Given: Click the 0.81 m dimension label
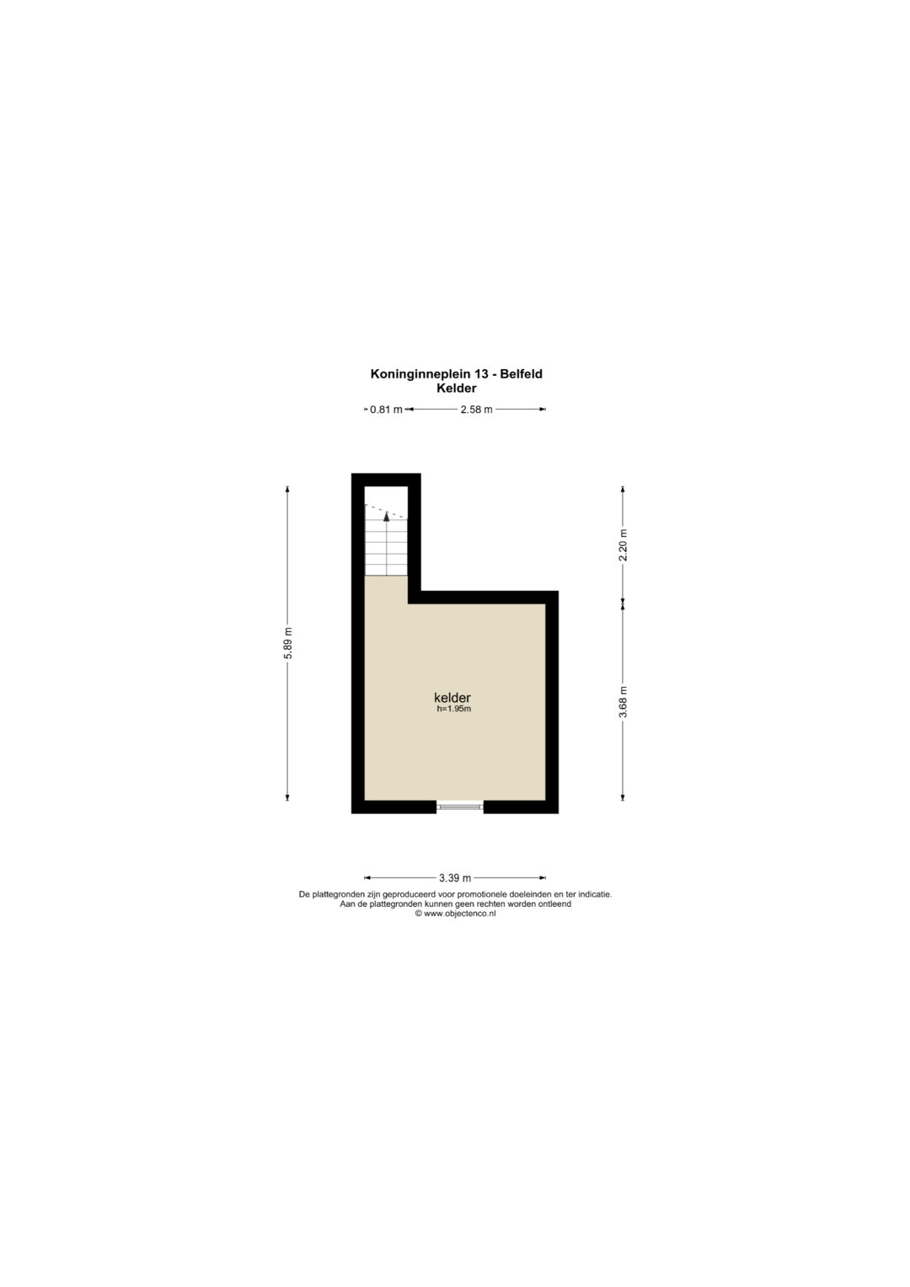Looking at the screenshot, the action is click(386, 410).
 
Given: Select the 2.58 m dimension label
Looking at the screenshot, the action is click(476, 410).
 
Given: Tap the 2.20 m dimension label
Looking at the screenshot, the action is click(624, 544).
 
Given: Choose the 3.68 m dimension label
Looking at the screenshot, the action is click(624, 701).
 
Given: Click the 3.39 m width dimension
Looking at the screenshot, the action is click(455, 878).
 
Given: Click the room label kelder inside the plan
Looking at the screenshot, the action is click(452, 698).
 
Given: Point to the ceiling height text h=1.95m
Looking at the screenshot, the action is click(454, 709).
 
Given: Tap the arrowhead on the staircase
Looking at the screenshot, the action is click(387, 516).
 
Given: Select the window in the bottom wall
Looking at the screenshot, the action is click(459, 807).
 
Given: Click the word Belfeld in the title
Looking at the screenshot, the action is click(521, 374).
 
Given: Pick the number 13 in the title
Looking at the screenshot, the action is click(481, 374).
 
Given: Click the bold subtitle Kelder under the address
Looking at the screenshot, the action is click(457, 389).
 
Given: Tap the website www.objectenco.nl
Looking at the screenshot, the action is click(459, 914).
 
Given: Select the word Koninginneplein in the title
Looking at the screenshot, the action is click(421, 374).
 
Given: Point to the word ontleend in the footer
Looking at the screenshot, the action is click(555, 904).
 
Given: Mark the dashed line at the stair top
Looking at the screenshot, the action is click(386, 512).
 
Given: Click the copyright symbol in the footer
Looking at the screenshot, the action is click(419, 914).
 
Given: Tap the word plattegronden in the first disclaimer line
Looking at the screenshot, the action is click(335, 895).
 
